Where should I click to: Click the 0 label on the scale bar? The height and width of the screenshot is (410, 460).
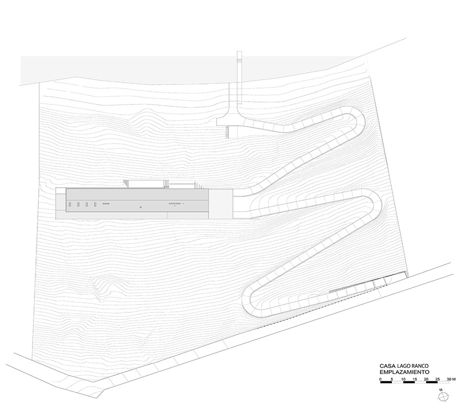[x=380, y=379]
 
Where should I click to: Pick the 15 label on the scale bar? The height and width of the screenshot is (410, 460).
[x=415, y=379]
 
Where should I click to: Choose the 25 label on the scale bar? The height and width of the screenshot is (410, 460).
[x=437, y=379]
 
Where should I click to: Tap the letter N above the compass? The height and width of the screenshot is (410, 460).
[x=440, y=390]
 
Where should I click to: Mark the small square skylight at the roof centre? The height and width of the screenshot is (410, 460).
[x=141, y=207]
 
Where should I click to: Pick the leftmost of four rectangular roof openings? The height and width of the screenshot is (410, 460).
[x=70, y=205]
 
